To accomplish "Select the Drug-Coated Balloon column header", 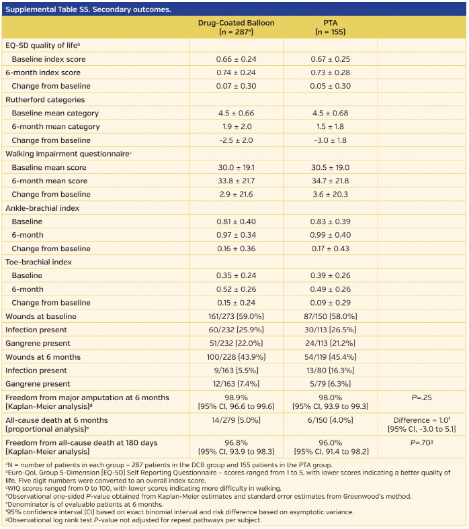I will [x=236, y=27].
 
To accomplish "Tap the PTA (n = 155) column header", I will [x=330, y=27].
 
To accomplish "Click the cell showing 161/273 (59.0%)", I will [x=236, y=316].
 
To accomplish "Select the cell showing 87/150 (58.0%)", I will [x=330, y=316].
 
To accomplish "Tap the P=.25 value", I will [x=421, y=397].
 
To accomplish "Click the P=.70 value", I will [x=421, y=443].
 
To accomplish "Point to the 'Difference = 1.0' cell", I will [x=421, y=420].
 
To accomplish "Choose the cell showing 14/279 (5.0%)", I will [x=236, y=420].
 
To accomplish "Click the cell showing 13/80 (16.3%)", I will [x=330, y=371].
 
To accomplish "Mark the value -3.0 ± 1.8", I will [x=330, y=140].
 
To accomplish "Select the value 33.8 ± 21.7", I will [x=236, y=181].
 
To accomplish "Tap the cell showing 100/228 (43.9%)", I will [x=236, y=357].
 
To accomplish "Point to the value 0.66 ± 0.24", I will [x=236, y=59].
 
